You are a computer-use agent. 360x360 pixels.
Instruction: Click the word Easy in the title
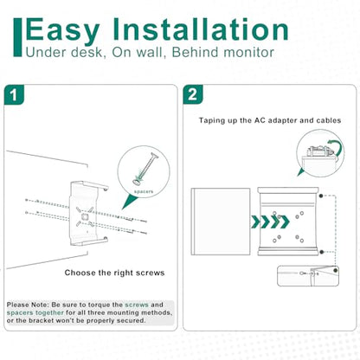coord(63,30)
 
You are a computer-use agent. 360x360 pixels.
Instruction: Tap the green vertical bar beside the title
coord(17,37)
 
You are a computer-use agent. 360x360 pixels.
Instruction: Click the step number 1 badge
coord(14,94)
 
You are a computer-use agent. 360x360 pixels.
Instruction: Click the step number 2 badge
coord(193,94)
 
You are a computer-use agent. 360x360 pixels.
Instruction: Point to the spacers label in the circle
coord(144,191)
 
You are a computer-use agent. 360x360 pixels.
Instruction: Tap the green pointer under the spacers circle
coord(129,201)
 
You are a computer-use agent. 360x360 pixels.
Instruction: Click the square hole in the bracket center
coord(85,216)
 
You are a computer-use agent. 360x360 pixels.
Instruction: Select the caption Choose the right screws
coord(114,273)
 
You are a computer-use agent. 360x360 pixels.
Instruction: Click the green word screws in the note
coord(137,305)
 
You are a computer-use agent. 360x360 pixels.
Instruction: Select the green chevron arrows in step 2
coord(270,222)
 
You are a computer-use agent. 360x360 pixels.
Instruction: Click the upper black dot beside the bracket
coord(321,196)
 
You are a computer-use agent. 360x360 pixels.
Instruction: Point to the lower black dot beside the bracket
coord(322,252)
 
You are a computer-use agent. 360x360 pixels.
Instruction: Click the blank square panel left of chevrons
coord(221,222)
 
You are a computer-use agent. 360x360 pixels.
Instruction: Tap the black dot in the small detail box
coord(335,271)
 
